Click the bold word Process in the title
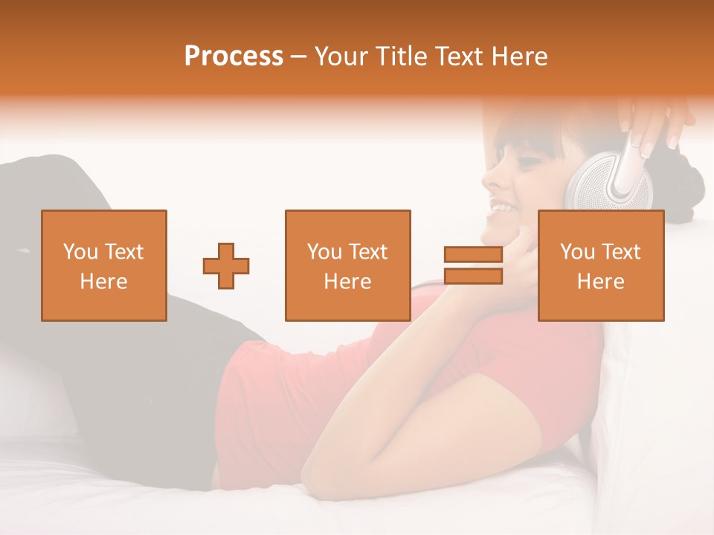[x=234, y=56]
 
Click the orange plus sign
[x=226, y=265]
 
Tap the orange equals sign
[x=473, y=265]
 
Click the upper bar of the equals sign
[x=473, y=255]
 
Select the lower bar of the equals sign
[x=473, y=276]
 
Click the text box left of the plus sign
[x=104, y=265]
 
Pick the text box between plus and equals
[x=348, y=265]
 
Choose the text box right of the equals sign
[x=601, y=265]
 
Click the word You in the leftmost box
[x=80, y=252]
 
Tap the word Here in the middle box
[x=348, y=281]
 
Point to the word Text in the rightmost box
[x=621, y=252]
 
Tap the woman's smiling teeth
[x=502, y=207]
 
